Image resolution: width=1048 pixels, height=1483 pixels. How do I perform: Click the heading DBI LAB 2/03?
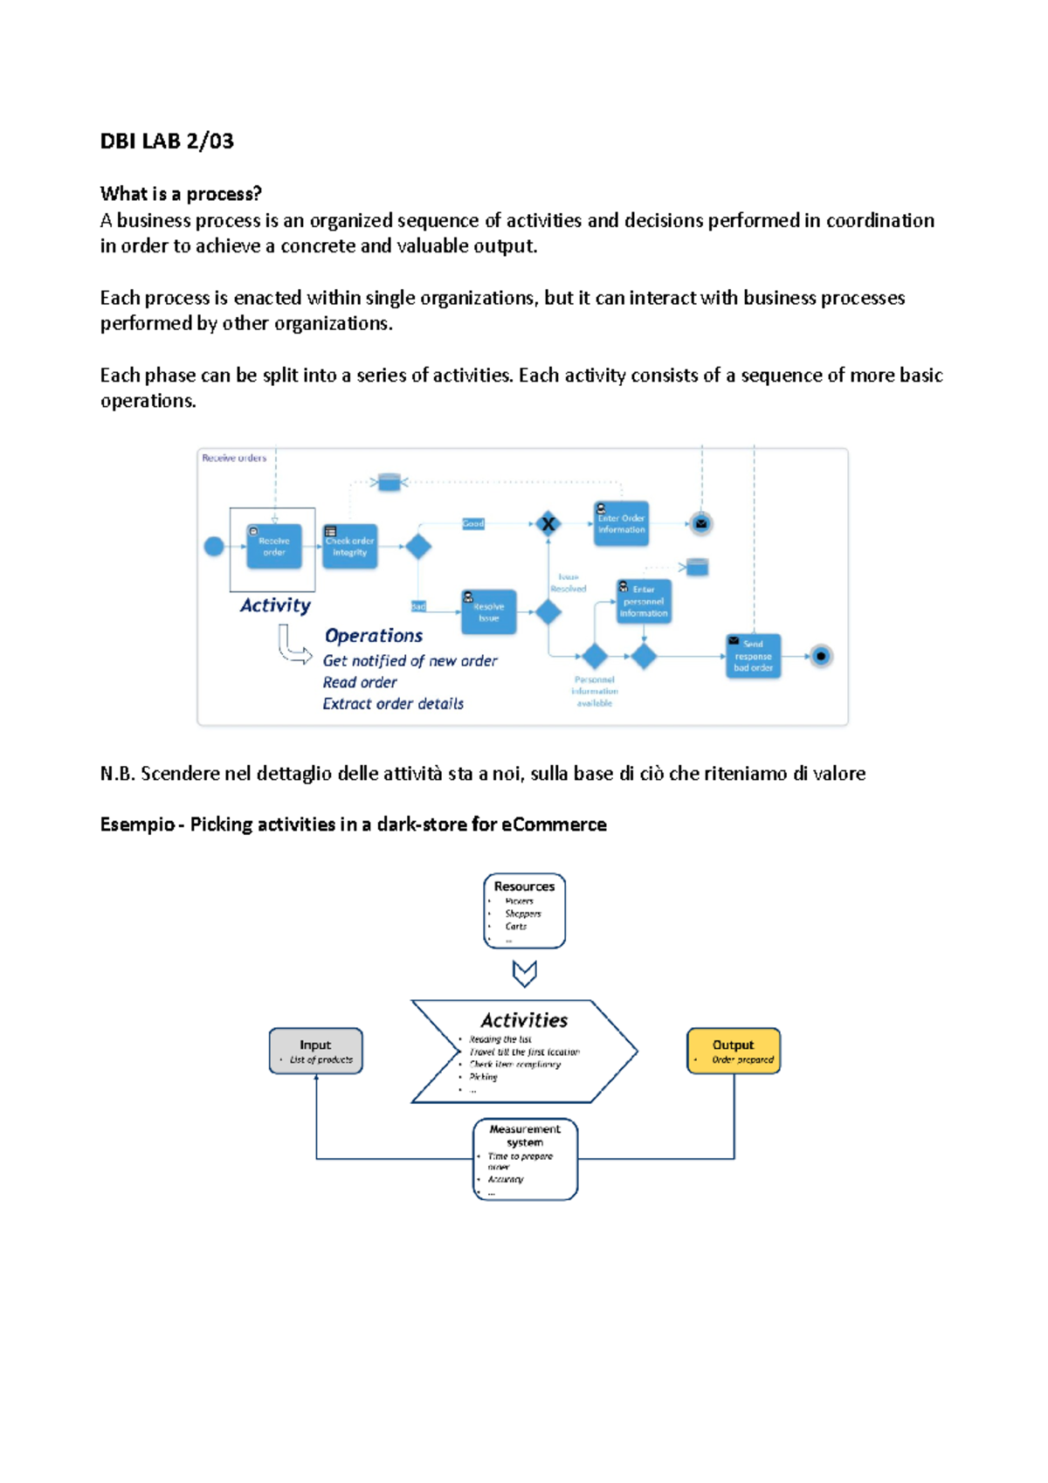[x=167, y=141]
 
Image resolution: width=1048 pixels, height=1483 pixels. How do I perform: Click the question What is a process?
[x=181, y=194]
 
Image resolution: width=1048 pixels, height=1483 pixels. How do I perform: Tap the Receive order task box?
[x=274, y=547]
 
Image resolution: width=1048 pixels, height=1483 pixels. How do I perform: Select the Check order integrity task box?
[x=349, y=547]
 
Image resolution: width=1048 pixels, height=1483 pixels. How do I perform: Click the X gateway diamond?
[x=548, y=524]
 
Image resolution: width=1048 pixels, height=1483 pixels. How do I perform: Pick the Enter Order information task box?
[x=621, y=524]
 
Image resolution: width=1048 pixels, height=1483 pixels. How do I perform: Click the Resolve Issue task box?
[x=488, y=611]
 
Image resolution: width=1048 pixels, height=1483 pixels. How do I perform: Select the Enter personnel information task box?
[x=644, y=602]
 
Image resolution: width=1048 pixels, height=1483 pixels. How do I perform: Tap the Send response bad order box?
[x=753, y=656]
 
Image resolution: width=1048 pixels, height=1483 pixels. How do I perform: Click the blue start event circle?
[x=214, y=547]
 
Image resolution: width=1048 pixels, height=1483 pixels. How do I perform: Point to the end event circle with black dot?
[x=821, y=656]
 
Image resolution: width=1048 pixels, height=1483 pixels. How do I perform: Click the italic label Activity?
[x=275, y=605]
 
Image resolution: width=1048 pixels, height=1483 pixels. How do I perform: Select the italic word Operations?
[x=374, y=636]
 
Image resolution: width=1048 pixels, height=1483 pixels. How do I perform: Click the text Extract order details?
[x=393, y=704]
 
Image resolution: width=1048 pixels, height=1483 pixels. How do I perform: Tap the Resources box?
[x=524, y=910]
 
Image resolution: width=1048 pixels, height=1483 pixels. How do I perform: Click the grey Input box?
[x=315, y=1051]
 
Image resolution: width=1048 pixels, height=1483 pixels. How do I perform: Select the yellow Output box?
[x=734, y=1051]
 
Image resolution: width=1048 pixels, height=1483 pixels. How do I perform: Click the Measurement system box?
[x=525, y=1159]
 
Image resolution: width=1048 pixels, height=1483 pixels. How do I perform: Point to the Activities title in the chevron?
[x=524, y=1020]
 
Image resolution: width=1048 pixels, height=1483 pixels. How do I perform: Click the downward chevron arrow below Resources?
[x=524, y=973]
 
